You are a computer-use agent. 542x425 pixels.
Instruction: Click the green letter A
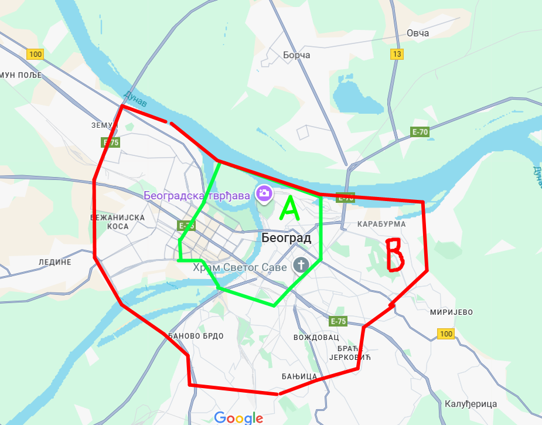pos(289,208)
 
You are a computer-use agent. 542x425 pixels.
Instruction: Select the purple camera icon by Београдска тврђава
pos(264,193)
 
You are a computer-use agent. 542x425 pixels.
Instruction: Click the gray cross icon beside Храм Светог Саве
pos(301,265)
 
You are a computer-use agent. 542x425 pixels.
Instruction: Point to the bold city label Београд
pos(286,238)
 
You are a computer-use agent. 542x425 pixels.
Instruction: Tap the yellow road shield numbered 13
pos(398,55)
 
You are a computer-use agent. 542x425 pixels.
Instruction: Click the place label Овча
pos(418,33)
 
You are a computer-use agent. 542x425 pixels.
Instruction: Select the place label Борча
pos(296,55)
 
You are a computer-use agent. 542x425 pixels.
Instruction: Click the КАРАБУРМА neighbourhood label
pos(382,224)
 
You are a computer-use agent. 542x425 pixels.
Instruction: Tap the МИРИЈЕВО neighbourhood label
pos(451,312)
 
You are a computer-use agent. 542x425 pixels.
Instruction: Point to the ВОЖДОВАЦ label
pos(316,338)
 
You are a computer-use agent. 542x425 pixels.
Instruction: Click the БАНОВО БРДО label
pos(196,336)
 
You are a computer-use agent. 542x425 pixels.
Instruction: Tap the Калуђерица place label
pos(471,404)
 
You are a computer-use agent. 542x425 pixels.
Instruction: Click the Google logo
pos(238,418)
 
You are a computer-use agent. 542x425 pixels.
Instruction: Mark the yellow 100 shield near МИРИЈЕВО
pos(445,334)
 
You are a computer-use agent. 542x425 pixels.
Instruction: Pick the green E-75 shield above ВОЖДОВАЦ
pos(338,321)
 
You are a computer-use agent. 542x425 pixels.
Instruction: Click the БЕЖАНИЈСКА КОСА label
pos(117,221)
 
